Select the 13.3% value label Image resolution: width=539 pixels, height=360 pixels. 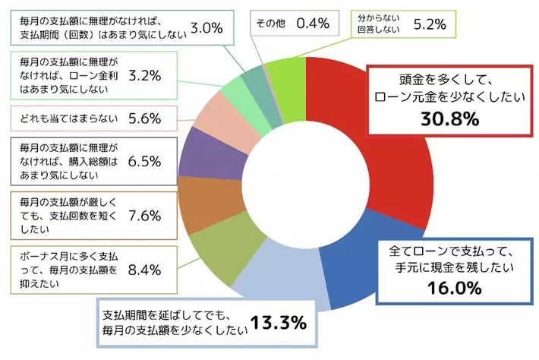(x=279, y=323)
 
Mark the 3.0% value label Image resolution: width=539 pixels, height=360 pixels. (x=204, y=28)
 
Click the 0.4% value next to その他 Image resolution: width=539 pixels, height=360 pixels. (x=312, y=24)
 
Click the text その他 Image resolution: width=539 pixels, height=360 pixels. (x=271, y=24)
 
